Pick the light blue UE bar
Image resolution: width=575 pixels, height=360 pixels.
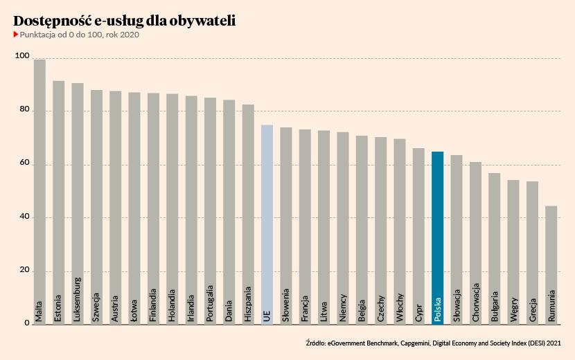267,222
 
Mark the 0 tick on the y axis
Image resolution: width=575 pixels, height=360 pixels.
26,323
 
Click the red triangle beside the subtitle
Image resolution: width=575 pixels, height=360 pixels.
16,35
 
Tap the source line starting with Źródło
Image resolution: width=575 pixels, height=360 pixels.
432,343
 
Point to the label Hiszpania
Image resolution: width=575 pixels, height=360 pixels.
248,303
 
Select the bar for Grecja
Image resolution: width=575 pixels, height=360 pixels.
532,249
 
